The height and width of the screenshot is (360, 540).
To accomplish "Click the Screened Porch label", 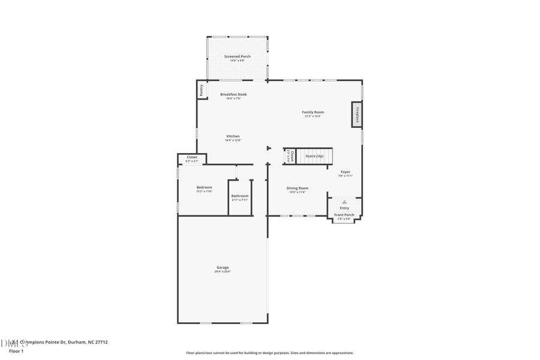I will click(238, 56).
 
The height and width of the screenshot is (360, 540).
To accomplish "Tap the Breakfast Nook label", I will click(233, 94).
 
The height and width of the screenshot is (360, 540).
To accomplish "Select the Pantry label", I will click(202, 89).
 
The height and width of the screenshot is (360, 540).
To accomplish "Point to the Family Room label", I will click(313, 112).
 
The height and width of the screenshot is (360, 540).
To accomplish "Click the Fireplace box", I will click(356, 114).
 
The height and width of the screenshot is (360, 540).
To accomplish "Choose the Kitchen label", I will click(233, 136).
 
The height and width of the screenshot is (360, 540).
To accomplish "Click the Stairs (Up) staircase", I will click(314, 156).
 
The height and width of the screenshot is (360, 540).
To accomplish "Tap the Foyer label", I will click(346, 172).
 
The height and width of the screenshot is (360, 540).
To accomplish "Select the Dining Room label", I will click(298, 188).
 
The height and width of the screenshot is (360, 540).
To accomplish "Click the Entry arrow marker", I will click(344, 202).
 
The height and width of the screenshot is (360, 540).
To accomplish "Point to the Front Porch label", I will click(344, 215).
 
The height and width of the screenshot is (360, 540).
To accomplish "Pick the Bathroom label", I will click(240, 196).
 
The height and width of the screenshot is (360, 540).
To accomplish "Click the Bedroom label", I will click(204, 188).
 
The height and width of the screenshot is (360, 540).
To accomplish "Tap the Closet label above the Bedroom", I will click(192, 157).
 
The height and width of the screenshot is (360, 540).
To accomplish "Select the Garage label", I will click(223, 268).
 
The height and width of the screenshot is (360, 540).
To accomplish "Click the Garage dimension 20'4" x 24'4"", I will click(223, 272).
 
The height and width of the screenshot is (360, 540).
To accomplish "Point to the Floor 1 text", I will click(16, 351).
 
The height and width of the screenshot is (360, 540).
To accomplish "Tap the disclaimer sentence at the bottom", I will click(270, 353).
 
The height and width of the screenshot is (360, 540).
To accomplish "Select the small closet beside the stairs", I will click(290, 156).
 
